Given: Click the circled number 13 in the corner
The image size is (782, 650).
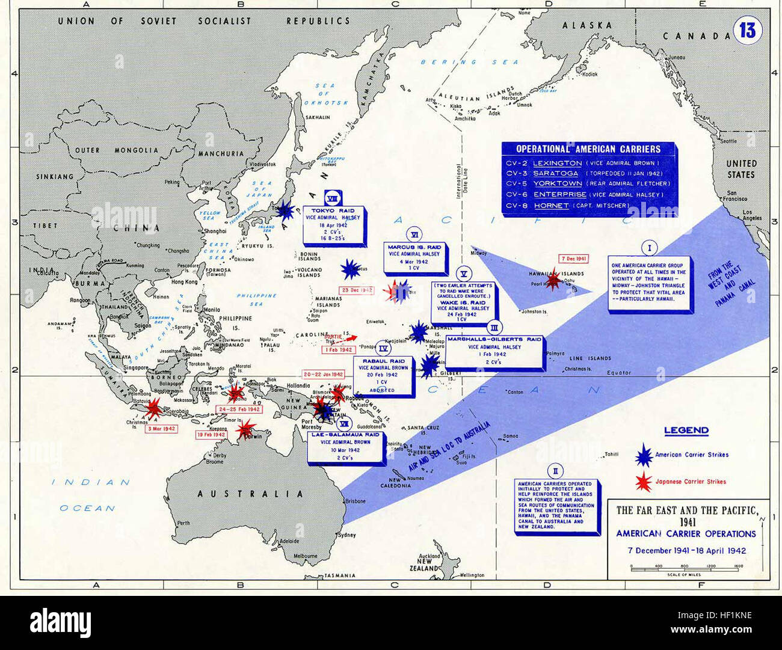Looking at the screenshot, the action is coord(747,29).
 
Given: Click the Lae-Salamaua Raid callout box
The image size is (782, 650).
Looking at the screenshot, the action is coord(345,447).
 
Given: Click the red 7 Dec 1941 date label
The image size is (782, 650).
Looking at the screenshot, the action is coord(573,259).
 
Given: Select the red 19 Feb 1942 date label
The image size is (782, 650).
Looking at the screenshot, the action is coord(211,434).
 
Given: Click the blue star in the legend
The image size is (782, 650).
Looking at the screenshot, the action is coord(644,455).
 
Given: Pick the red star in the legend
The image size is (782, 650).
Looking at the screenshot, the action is coord(644,482).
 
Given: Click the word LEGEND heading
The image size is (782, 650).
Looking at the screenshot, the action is coord(686,431).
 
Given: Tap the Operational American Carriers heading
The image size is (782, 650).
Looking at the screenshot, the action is coord(588,149).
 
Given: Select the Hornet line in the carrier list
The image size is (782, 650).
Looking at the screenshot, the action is coord(568,206).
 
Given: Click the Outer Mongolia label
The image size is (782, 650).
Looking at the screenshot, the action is coord(117,150).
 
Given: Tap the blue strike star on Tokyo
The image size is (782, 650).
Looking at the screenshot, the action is coord(285,209).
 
